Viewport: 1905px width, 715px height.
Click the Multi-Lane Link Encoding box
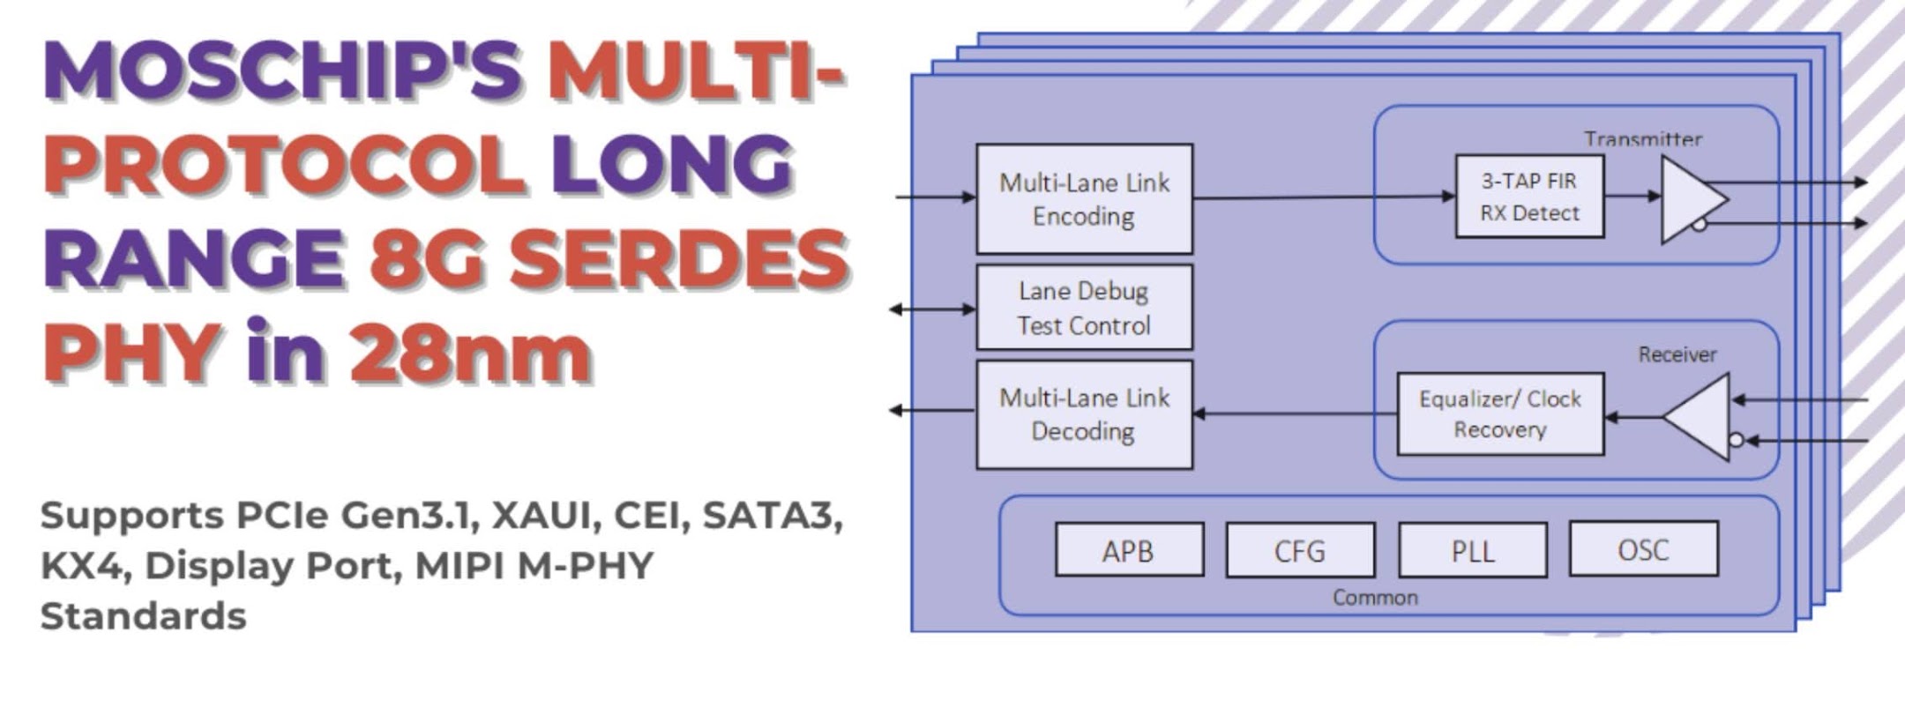[x=1084, y=199]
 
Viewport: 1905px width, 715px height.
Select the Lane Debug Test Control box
[x=1084, y=308]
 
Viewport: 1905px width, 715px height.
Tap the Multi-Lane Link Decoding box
[x=1084, y=414]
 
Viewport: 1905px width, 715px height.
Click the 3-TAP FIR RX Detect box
[x=1529, y=197]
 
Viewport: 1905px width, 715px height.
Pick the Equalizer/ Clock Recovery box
[x=1499, y=414]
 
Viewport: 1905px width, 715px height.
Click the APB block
[x=1129, y=550]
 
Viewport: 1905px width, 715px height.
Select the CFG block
[x=1300, y=550]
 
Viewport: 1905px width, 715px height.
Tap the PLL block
[x=1472, y=550]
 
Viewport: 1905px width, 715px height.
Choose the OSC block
[x=1643, y=549]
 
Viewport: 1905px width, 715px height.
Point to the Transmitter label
[x=1642, y=139]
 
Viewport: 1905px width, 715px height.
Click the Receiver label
[x=1677, y=354]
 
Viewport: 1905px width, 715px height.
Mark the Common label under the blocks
[x=1375, y=598]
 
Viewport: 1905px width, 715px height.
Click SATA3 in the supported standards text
[x=772, y=516]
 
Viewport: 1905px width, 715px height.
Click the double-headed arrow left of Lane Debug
[x=932, y=309]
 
